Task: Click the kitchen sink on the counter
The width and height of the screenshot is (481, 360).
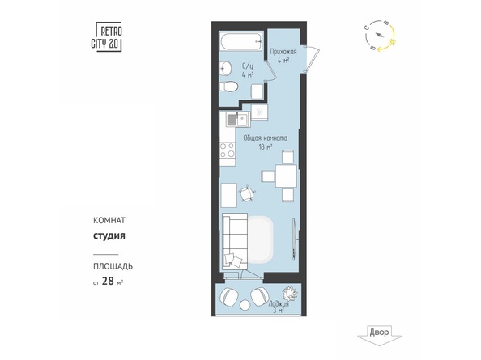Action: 232,121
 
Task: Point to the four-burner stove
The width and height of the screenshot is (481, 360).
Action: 228,150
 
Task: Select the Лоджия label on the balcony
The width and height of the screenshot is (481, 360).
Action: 279,303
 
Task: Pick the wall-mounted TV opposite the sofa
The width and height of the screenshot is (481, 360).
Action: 294,237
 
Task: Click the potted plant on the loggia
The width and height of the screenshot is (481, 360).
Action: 287,294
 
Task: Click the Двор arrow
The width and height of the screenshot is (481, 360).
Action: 378,332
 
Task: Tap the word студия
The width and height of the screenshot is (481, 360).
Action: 108,237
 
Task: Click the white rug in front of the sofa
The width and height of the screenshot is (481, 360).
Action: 262,239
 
